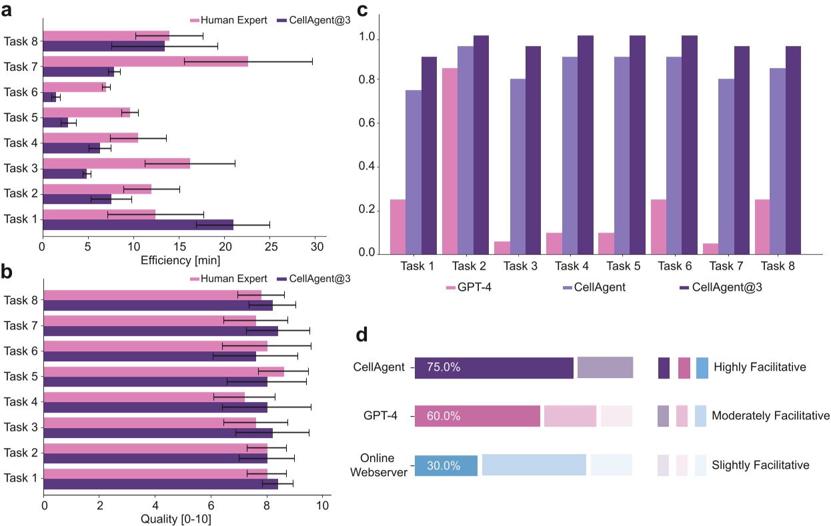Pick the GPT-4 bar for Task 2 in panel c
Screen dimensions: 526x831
(x=450, y=161)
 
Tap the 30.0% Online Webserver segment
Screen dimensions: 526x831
(x=446, y=465)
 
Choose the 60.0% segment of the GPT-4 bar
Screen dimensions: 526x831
(x=477, y=416)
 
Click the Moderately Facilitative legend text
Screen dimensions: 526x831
(x=770, y=416)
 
